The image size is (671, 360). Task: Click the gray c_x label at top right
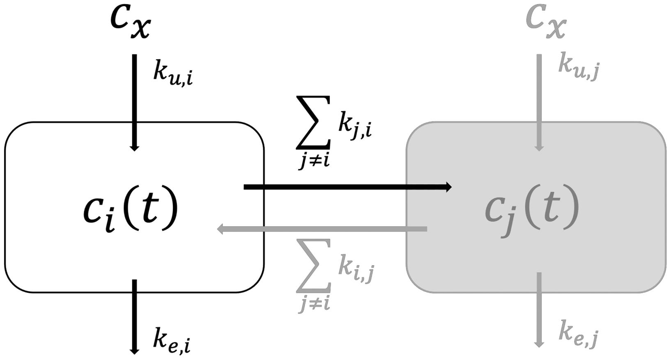click(546, 23)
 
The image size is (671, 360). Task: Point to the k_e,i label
click(172, 340)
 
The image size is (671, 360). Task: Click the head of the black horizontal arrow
click(448, 187)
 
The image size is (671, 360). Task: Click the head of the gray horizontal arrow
click(221, 229)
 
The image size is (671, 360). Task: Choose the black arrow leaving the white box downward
click(134, 316)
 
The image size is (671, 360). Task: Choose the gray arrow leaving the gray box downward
click(539, 310)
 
